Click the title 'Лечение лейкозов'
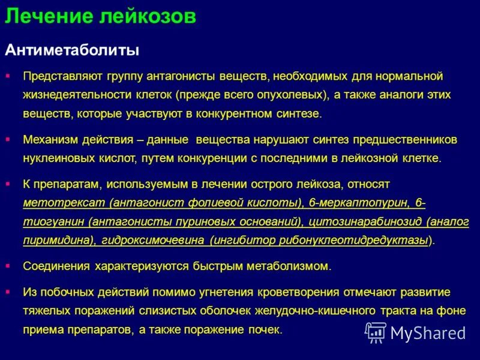click(100, 16)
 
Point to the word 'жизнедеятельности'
click(78, 95)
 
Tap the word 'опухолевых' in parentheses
click(296, 95)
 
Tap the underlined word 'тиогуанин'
click(52, 221)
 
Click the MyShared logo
click(415, 332)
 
